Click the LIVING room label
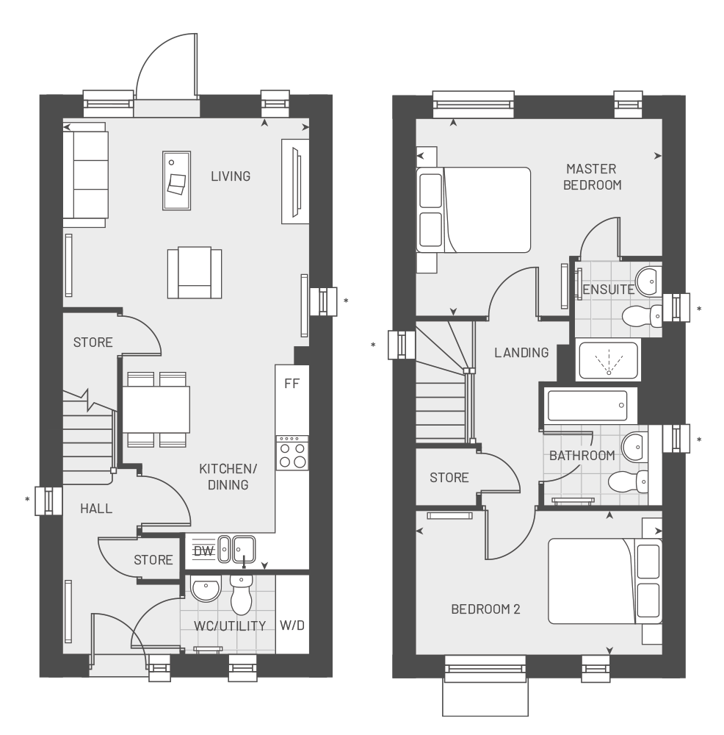[230, 176]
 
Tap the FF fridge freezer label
[292, 384]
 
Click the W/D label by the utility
[292, 625]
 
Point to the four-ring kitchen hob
[292, 453]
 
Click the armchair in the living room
[194, 273]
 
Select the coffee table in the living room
[176, 180]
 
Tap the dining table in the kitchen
[156, 409]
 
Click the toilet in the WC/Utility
[241, 595]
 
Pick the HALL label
[96, 508]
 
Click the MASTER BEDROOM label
[592, 177]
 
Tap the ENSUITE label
[608, 290]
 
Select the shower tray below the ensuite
[608, 361]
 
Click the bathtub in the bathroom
[587, 406]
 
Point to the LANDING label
[521, 353]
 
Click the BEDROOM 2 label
[485, 609]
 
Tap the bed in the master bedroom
[473, 210]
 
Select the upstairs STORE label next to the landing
[449, 478]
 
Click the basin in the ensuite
[648, 279]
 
